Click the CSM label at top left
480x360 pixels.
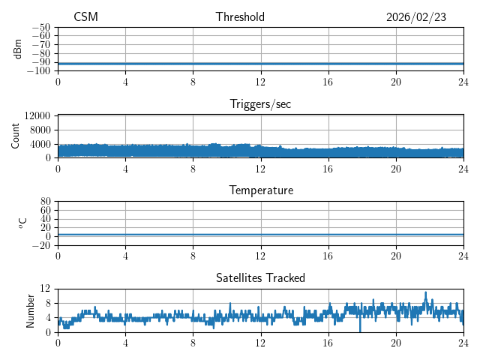coord(85,17)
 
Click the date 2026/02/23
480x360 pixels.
coord(416,17)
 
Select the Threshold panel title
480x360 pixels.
coord(240,17)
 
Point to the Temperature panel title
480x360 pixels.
coord(261,190)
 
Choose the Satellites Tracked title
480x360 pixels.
coord(260,277)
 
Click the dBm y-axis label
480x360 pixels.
coord(18,49)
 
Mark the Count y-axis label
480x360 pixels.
coord(15,136)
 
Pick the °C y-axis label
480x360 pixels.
coord(22,223)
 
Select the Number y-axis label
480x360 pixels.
coord(30,310)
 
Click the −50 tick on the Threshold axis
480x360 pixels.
coord(40,27)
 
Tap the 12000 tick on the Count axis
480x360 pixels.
coord(37,116)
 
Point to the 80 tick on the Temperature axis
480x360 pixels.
coord(45,202)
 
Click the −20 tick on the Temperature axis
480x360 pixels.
coord(40,245)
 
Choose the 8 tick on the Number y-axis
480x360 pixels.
coord(47,303)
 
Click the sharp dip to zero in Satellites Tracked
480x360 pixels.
coord(360,331)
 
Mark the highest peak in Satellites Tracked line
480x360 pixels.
coord(425,292)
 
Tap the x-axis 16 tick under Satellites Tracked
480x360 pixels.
coord(328,342)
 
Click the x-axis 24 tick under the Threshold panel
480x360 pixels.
coord(463,82)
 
